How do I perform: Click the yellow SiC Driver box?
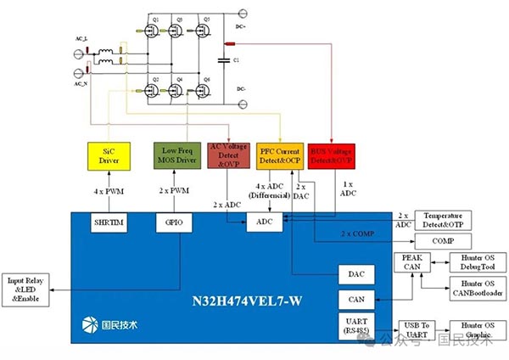point(109,155)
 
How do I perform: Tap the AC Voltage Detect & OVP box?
point(227,155)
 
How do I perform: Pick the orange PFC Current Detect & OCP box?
point(280,155)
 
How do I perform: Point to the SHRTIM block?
point(109,222)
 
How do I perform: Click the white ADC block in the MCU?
point(263,222)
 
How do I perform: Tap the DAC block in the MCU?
point(356,274)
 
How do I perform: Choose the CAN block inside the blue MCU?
point(356,300)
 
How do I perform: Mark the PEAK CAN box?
point(411,263)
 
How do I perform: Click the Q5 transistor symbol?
point(204,31)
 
